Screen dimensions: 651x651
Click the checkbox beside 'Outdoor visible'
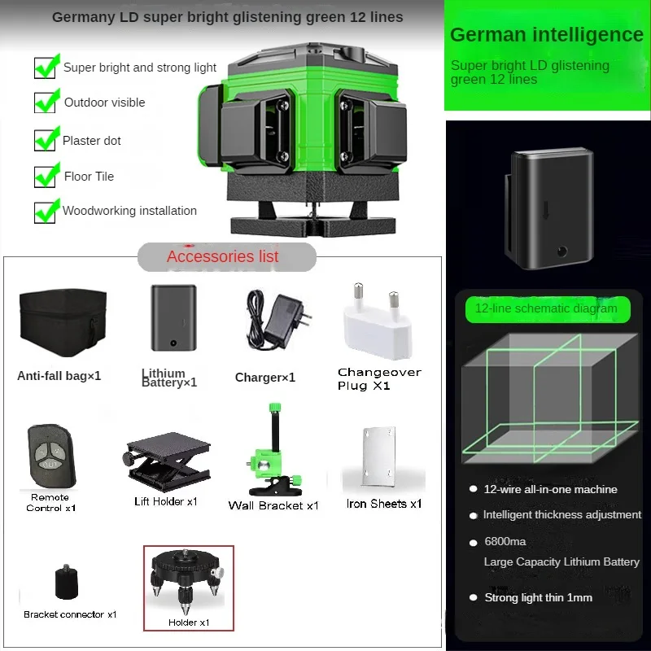point(46,103)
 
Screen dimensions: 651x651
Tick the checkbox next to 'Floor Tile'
point(46,176)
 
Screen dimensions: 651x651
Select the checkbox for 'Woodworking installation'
point(46,211)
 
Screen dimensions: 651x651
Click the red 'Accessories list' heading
point(223,257)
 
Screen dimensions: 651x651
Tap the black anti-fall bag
point(62,323)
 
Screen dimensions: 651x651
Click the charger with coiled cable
point(275,320)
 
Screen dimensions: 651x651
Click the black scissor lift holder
point(167,461)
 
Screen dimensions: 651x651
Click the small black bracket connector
point(67,583)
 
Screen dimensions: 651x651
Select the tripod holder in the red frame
point(189,583)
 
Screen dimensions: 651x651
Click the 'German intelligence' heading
point(546,35)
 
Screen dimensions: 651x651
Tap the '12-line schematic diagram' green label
point(546,308)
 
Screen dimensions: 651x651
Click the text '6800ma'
point(505,542)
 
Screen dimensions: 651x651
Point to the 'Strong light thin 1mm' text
point(538,597)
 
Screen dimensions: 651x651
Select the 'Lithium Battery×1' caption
point(169,378)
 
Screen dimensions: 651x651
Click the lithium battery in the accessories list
point(173,317)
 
